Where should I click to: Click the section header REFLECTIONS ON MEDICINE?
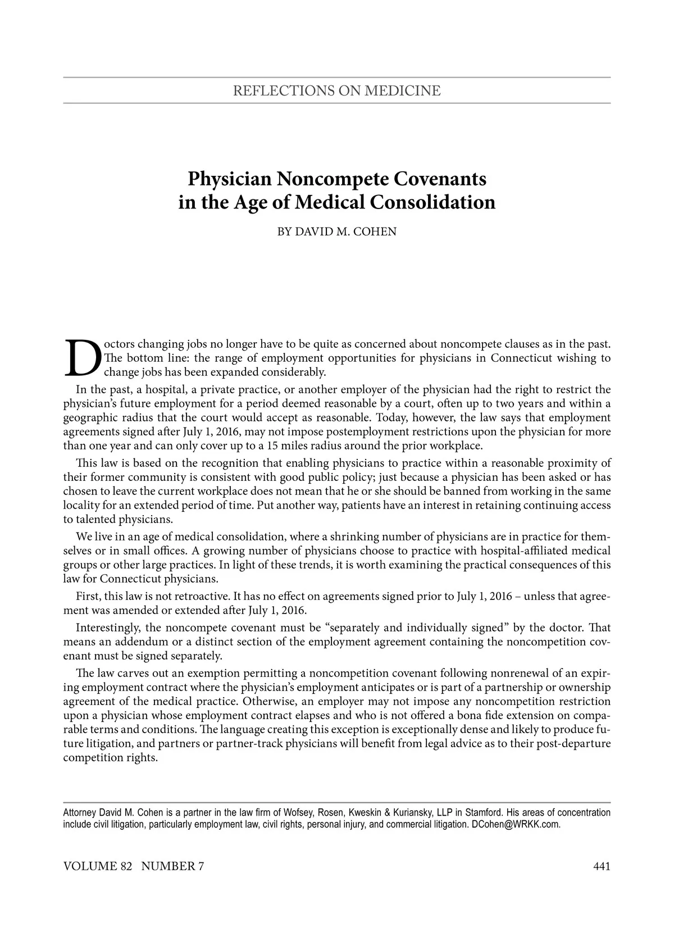336,90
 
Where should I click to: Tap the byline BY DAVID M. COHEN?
337,231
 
